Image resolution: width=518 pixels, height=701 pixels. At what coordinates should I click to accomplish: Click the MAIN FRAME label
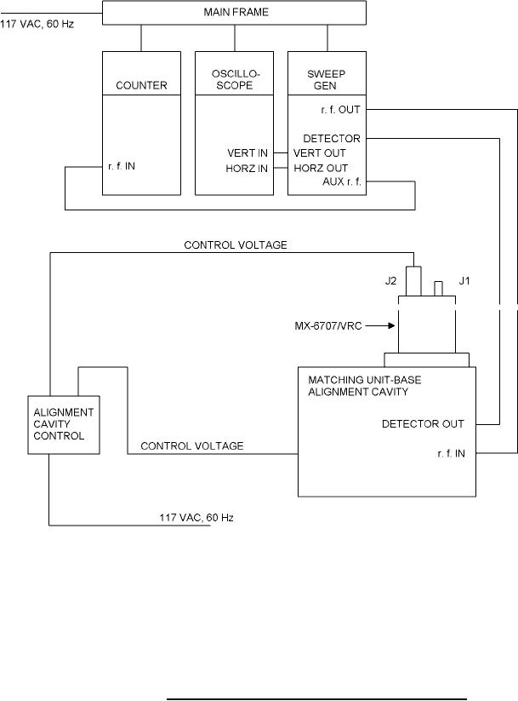(x=234, y=13)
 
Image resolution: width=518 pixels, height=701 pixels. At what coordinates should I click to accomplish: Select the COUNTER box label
(x=141, y=86)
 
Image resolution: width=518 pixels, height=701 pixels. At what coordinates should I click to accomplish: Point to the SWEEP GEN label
(x=327, y=80)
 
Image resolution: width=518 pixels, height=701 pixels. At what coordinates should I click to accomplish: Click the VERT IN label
(x=248, y=152)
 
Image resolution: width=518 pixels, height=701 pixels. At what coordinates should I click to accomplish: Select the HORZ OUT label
(x=320, y=168)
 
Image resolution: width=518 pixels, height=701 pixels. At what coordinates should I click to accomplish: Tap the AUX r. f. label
(x=343, y=182)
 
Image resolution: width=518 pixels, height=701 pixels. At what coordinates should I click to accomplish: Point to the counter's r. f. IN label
(x=122, y=167)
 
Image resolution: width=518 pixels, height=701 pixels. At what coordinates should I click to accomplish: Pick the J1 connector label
(x=464, y=279)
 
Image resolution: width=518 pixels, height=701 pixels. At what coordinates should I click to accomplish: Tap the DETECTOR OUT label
(x=423, y=422)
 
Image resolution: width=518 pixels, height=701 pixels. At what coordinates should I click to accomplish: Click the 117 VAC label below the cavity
(x=196, y=518)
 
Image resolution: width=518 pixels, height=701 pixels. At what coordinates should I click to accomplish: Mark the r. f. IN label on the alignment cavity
(x=446, y=453)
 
